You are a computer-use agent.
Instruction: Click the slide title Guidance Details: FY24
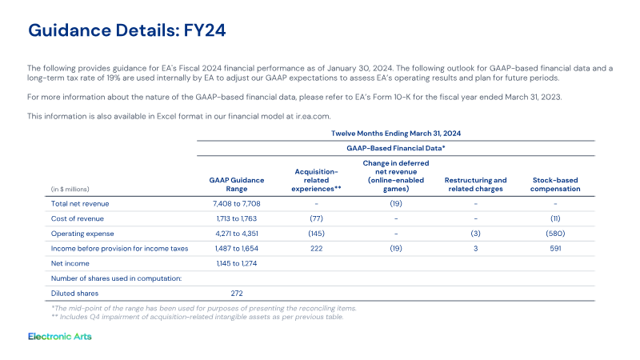pyautogui.click(x=127, y=30)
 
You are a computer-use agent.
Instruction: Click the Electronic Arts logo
pyautogui.click(x=60, y=336)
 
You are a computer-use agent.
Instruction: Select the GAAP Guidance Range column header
pyautogui.click(x=237, y=185)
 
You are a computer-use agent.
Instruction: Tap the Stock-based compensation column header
pyautogui.click(x=555, y=185)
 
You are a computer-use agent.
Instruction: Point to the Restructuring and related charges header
pyautogui.click(x=475, y=185)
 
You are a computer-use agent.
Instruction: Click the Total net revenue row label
pyautogui.click(x=80, y=204)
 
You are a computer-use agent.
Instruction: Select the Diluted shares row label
pyautogui.click(x=74, y=294)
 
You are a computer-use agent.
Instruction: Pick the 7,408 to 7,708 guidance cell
pyautogui.click(x=237, y=204)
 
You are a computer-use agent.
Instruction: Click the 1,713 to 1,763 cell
pyautogui.click(x=237, y=218)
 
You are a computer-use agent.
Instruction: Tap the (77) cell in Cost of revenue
pyautogui.click(x=316, y=218)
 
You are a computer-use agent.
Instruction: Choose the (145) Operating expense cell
pyautogui.click(x=316, y=234)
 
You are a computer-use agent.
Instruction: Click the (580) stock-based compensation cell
pyautogui.click(x=555, y=234)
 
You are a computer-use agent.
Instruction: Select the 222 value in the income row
pyautogui.click(x=316, y=249)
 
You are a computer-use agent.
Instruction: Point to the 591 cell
pyautogui.click(x=555, y=249)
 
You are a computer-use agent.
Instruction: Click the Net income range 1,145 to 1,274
pyautogui.click(x=237, y=264)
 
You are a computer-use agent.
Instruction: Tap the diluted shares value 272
pyautogui.click(x=237, y=294)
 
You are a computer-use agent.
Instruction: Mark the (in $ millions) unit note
pyautogui.click(x=70, y=190)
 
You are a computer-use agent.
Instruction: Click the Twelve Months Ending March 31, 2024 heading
pyautogui.click(x=396, y=134)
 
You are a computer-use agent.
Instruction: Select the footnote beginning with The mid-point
pyautogui.click(x=204, y=309)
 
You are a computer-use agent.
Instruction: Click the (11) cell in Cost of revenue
pyautogui.click(x=555, y=218)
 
